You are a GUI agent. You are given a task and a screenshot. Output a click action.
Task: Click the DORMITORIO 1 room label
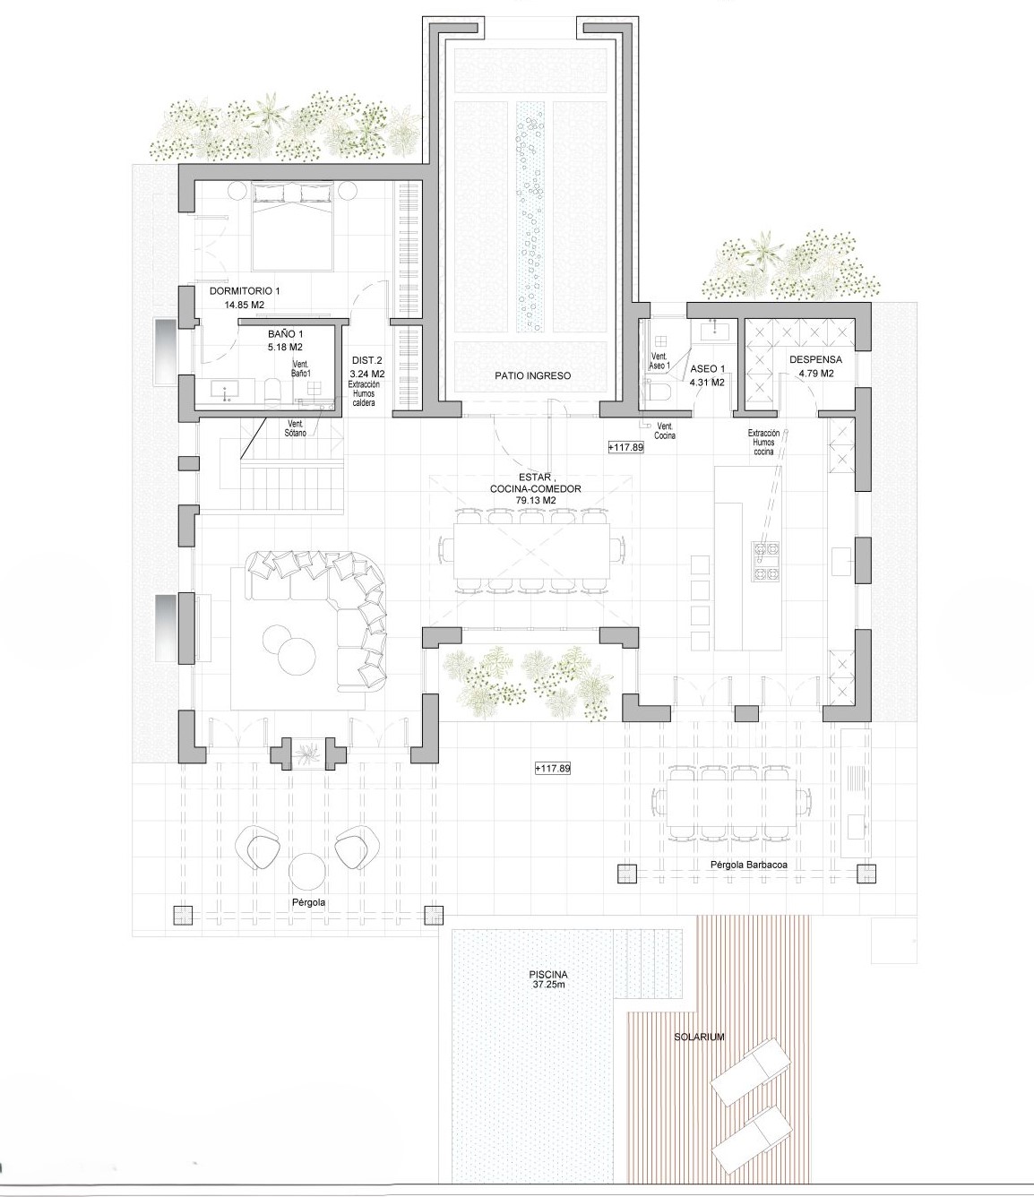click(x=245, y=290)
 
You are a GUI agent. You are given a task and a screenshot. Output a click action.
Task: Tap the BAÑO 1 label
click(x=285, y=334)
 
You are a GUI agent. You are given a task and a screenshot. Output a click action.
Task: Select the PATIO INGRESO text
click(x=532, y=375)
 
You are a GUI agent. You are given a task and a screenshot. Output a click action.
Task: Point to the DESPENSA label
click(x=815, y=359)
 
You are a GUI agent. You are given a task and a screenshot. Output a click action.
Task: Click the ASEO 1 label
click(x=707, y=369)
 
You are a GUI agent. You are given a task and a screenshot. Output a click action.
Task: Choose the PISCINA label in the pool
click(x=548, y=975)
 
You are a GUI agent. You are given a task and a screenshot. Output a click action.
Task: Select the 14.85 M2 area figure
click(x=245, y=305)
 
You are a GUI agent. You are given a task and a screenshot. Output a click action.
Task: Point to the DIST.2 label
click(x=366, y=361)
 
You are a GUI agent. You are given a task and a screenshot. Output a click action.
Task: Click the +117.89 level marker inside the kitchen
click(x=625, y=447)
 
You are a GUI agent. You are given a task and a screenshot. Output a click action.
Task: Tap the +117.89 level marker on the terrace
click(x=553, y=769)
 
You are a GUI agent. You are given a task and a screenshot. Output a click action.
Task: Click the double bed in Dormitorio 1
click(x=292, y=227)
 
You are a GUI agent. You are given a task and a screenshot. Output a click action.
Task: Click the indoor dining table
click(x=531, y=551)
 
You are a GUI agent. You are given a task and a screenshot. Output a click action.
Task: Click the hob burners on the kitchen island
click(x=765, y=561)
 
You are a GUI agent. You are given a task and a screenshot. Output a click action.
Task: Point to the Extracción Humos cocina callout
click(x=763, y=442)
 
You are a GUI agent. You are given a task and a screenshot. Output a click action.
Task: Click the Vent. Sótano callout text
click(x=295, y=428)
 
